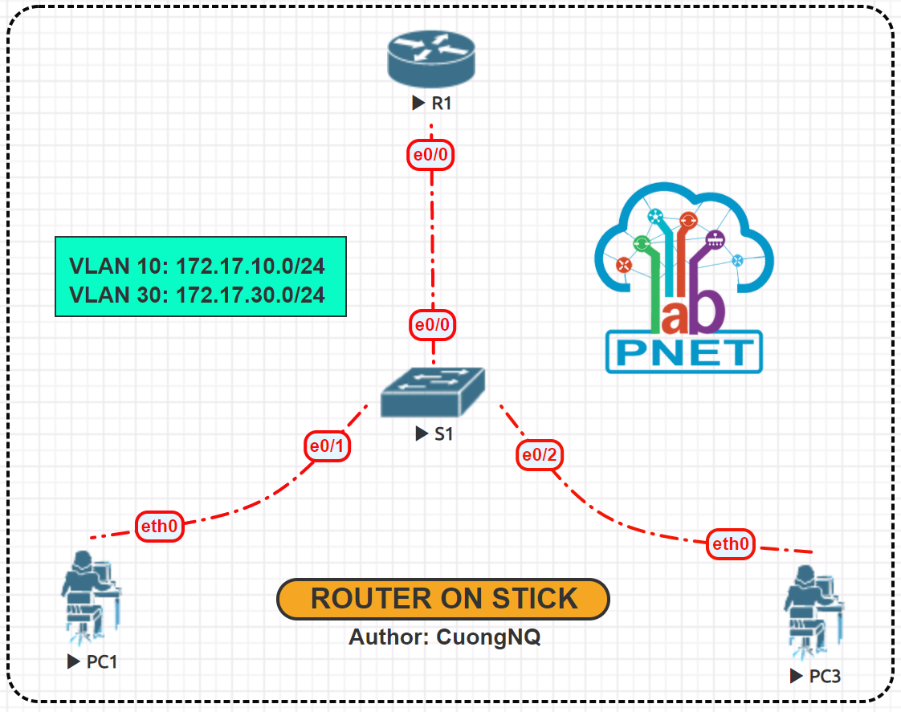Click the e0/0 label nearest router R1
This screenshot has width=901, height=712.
click(431, 154)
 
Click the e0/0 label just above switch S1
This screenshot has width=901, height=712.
click(432, 325)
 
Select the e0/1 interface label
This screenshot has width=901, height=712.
click(328, 446)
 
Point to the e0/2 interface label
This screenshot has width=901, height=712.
click(539, 455)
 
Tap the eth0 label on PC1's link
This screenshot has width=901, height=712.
click(159, 527)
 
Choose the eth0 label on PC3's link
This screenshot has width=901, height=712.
click(731, 544)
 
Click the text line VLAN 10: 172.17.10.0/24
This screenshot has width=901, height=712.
click(197, 266)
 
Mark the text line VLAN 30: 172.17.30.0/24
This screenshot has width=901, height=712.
click(197, 295)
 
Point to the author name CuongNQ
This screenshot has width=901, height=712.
click(488, 637)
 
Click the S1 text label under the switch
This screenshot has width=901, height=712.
click(444, 434)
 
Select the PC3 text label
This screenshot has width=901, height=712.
click(825, 676)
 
